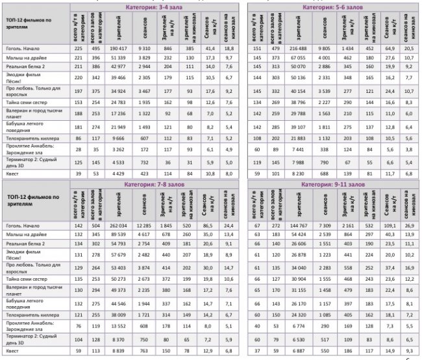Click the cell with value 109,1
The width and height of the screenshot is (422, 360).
(391, 225)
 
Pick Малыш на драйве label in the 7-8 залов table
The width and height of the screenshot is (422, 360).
(27, 235)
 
